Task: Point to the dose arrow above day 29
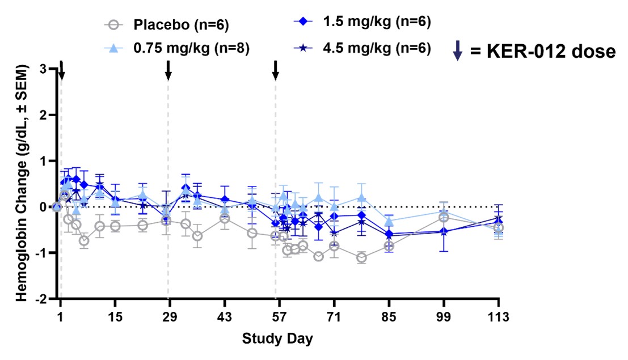tap(168, 70)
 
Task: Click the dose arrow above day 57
tap(276, 70)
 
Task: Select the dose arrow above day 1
tap(61, 70)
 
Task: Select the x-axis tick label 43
tap(225, 316)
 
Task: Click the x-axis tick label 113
tap(498, 316)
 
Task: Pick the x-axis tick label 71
tap(334, 316)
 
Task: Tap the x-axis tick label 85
tap(389, 316)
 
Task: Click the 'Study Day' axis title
tap(277, 339)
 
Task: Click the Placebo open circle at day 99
tap(444, 218)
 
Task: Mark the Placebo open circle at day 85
tap(389, 246)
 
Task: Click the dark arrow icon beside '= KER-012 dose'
tap(458, 51)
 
